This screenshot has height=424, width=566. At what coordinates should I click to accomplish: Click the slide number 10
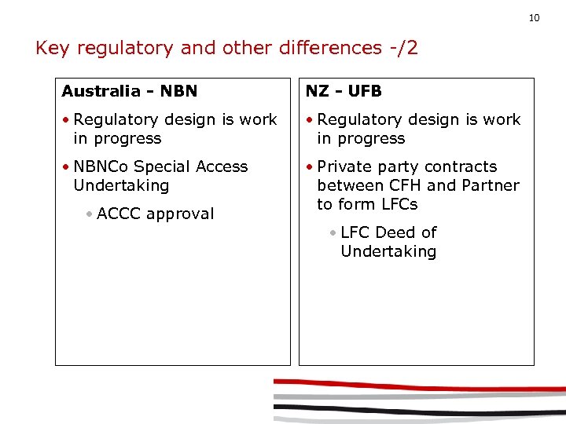pyautogui.click(x=534, y=17)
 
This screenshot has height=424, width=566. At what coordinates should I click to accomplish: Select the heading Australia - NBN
pyautogui.click(x=130, y=91)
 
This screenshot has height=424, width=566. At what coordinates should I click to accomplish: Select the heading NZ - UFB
pyautogui.click(x=344, y=91)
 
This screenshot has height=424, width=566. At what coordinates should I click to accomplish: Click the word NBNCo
pyautogui.click(x=101, y=166)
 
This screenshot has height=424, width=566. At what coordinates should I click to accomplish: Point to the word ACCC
pyautogui.click(x=119, y=214)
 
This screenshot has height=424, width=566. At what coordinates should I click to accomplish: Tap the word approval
pyautogui.click(x=180, y=214)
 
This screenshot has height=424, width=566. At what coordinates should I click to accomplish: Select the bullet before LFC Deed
pyautogui.click(x=333, y=232)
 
